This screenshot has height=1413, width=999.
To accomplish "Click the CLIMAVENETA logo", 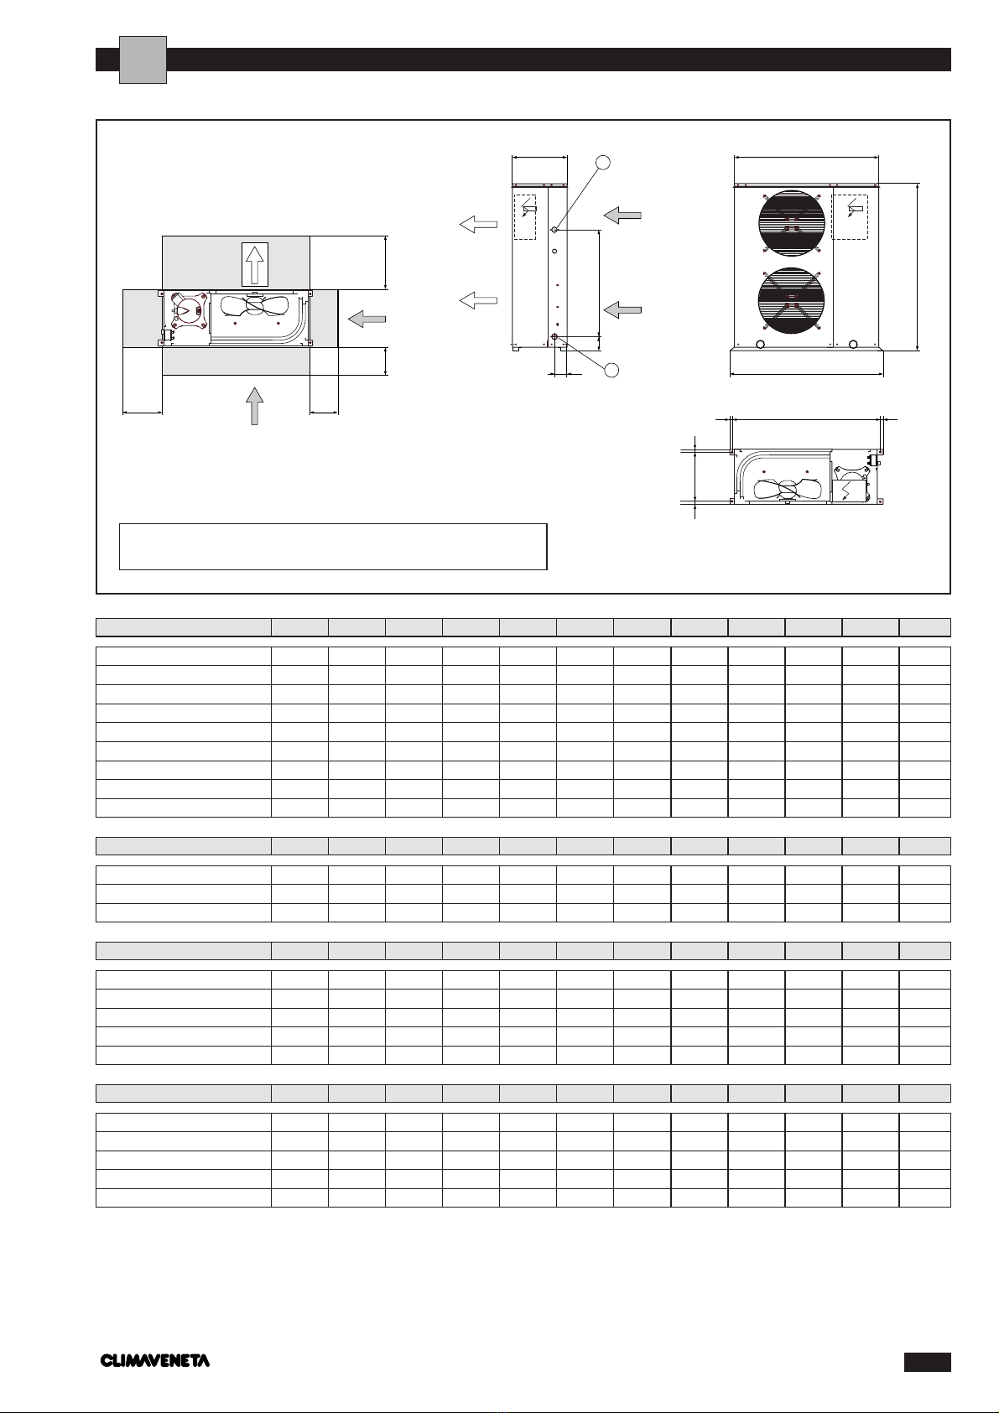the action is [154, 1361].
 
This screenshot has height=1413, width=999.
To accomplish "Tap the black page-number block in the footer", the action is [927, 1362].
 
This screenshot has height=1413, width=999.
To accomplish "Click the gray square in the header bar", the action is [143, 60].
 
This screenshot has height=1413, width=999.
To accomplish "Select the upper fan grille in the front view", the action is [791, 223].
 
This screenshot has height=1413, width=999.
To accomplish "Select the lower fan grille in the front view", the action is [791, 301].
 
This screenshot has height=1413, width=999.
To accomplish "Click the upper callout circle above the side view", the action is [603, 162].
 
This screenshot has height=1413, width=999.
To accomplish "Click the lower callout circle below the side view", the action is [611, 370].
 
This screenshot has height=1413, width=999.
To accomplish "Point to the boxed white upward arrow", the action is [255, 264].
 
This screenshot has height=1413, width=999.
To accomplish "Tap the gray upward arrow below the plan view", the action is [254, 406].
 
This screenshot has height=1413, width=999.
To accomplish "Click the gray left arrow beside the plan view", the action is [367, 319].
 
